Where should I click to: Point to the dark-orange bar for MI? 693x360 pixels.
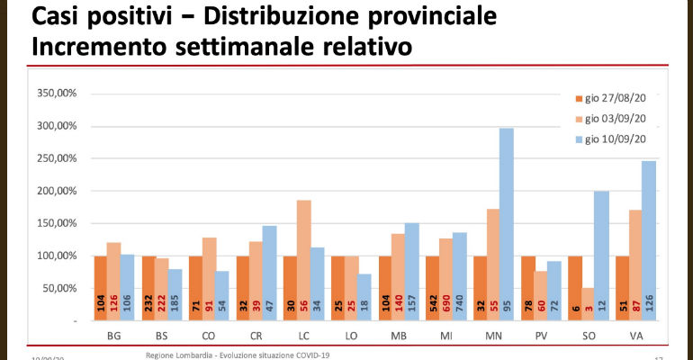[x=431, y=288]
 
